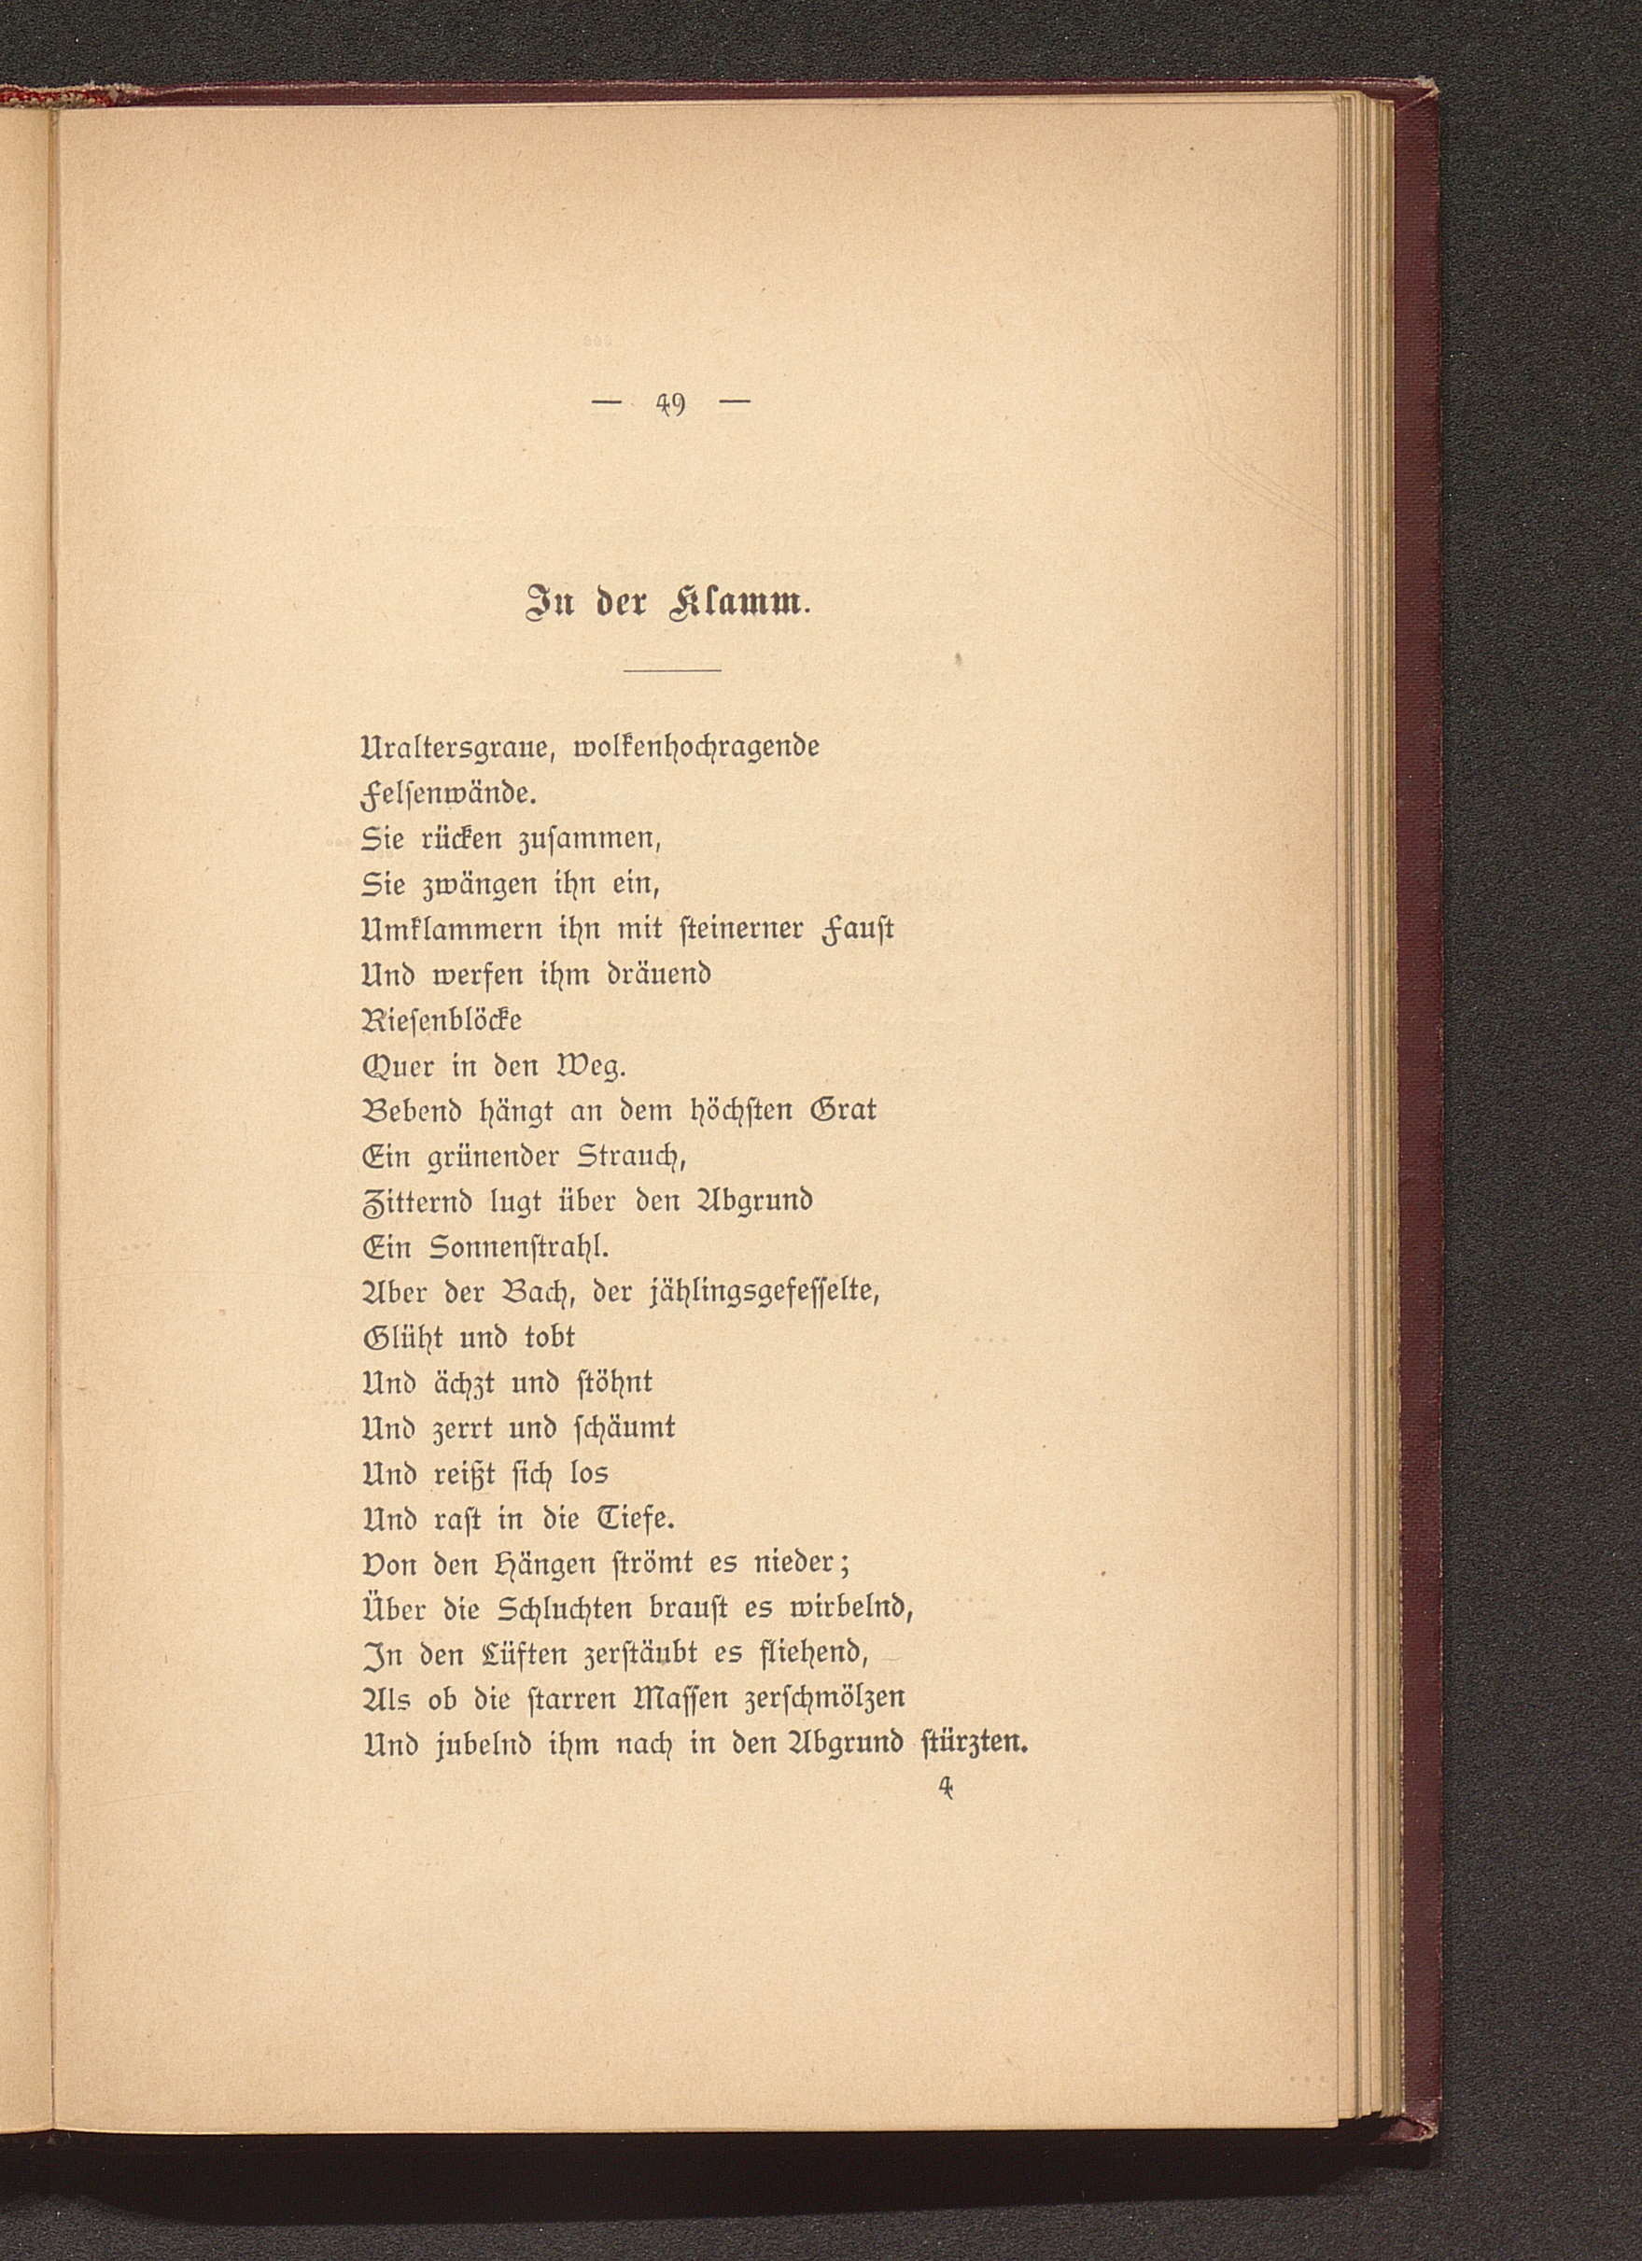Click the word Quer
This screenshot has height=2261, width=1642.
coord(400,1067)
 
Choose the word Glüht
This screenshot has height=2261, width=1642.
coord(398,1338)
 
